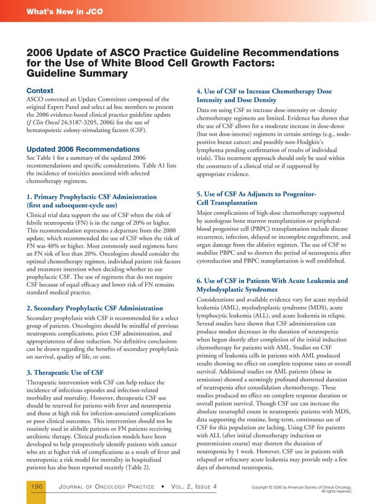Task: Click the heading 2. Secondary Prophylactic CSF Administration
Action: (x=95, y=308)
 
